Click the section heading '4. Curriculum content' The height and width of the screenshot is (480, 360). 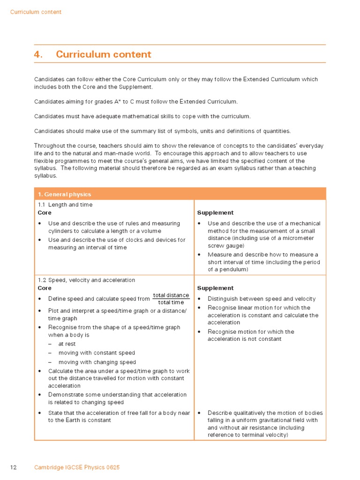93,54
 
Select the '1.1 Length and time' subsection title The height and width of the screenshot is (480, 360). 65,205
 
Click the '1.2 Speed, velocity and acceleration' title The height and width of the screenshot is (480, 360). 86,280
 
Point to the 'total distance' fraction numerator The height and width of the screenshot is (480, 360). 171,295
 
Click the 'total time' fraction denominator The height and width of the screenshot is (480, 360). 171,303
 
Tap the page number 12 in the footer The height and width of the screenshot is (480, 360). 14,467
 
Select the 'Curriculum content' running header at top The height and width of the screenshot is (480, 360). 36,12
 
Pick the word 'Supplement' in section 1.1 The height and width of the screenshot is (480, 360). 215,213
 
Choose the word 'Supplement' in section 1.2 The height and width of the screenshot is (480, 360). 215,288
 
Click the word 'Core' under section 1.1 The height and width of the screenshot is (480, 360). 45,213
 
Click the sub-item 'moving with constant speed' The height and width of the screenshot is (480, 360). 97,353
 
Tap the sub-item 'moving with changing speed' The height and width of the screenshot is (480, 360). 97,362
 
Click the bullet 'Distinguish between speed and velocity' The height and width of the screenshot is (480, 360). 262,299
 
